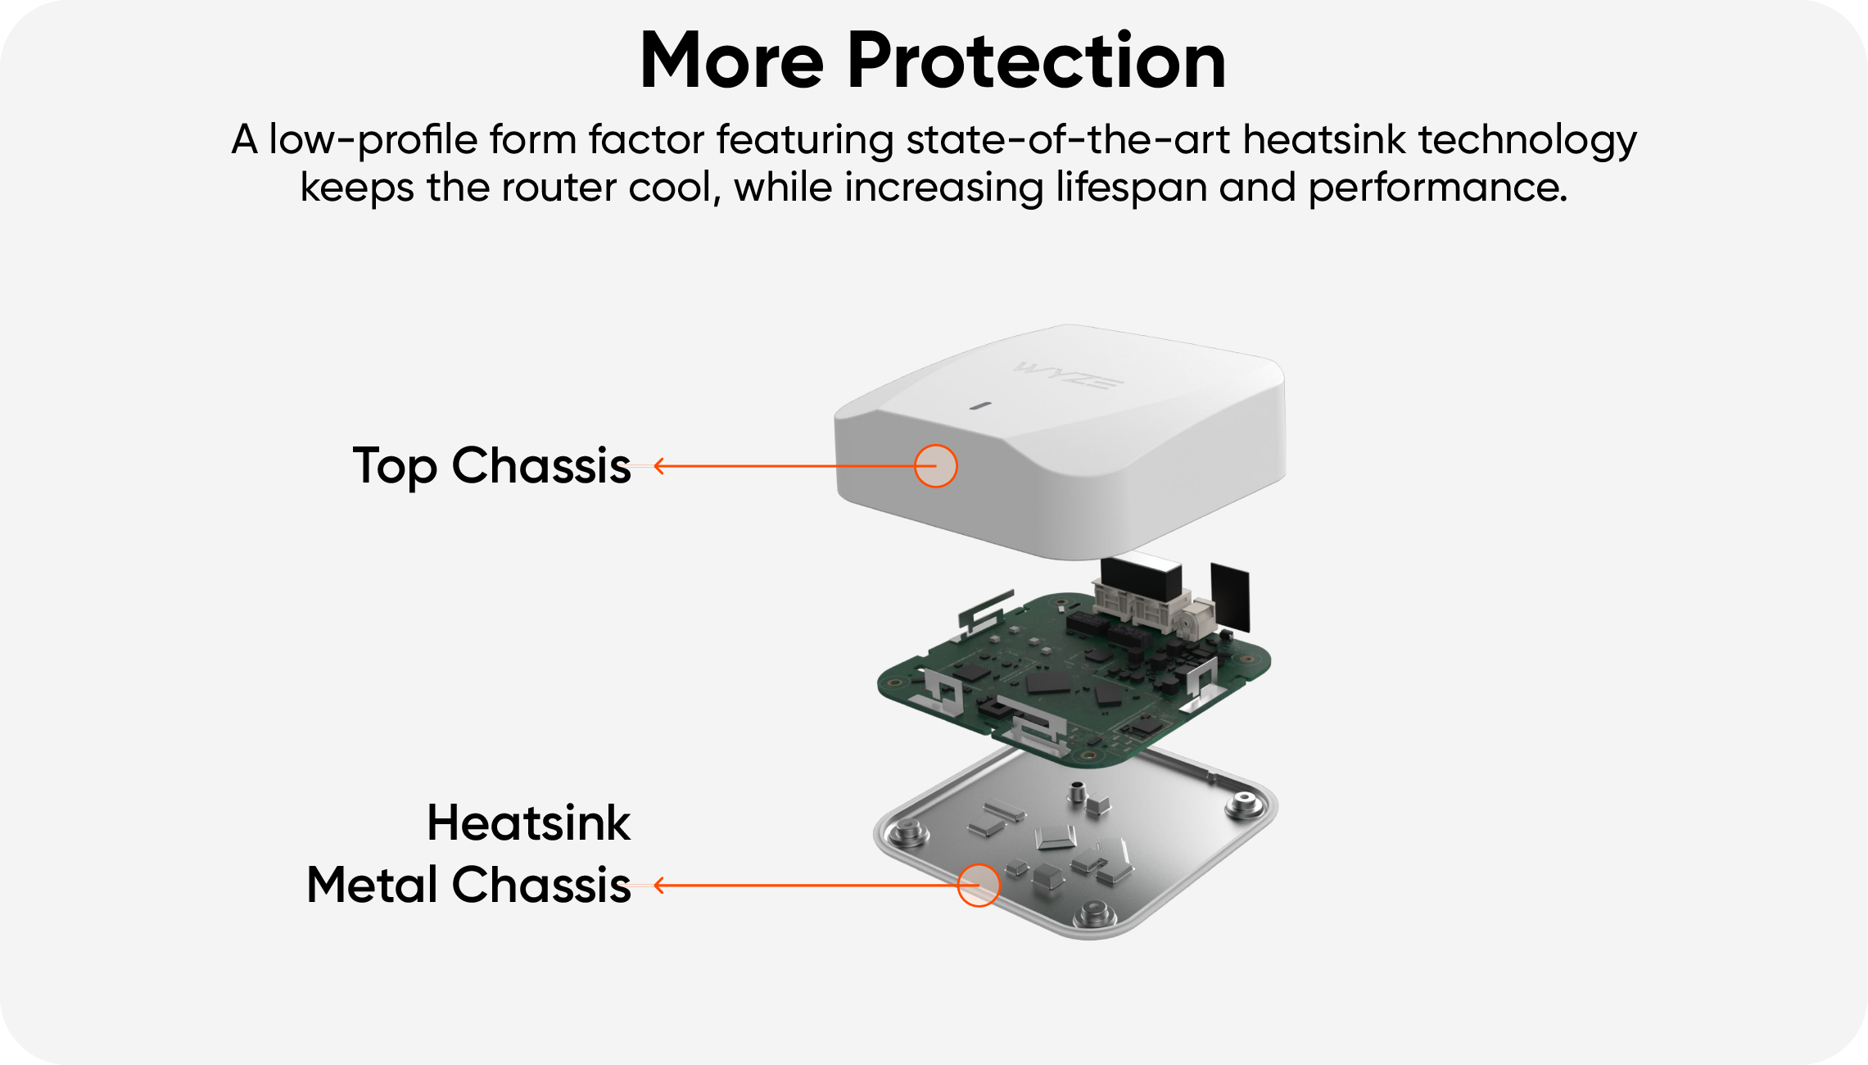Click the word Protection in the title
point(1036,61)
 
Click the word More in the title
point(731,61)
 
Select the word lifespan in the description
point(1131,187)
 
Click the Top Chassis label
point(491,466)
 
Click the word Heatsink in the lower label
point(528,823)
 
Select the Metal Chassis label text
point(468,885)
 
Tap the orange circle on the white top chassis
point(935,466)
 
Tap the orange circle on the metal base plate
point(979,885)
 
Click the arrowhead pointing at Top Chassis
point(659,466)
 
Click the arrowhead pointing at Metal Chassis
point(659,885)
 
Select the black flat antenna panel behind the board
point(1230,596)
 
